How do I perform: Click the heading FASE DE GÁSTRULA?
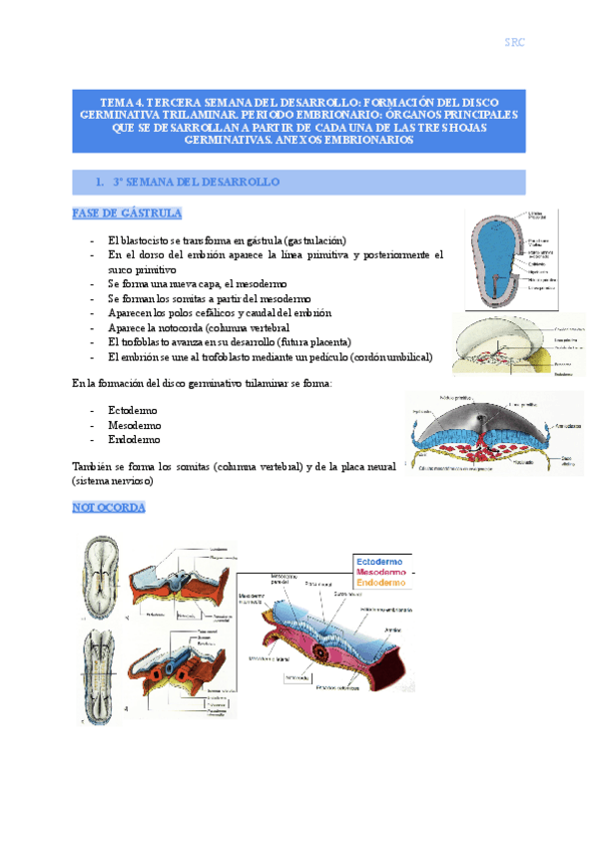point(126,213)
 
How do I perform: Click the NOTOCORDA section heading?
point(110,508)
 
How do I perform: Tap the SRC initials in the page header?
point(514,42)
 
